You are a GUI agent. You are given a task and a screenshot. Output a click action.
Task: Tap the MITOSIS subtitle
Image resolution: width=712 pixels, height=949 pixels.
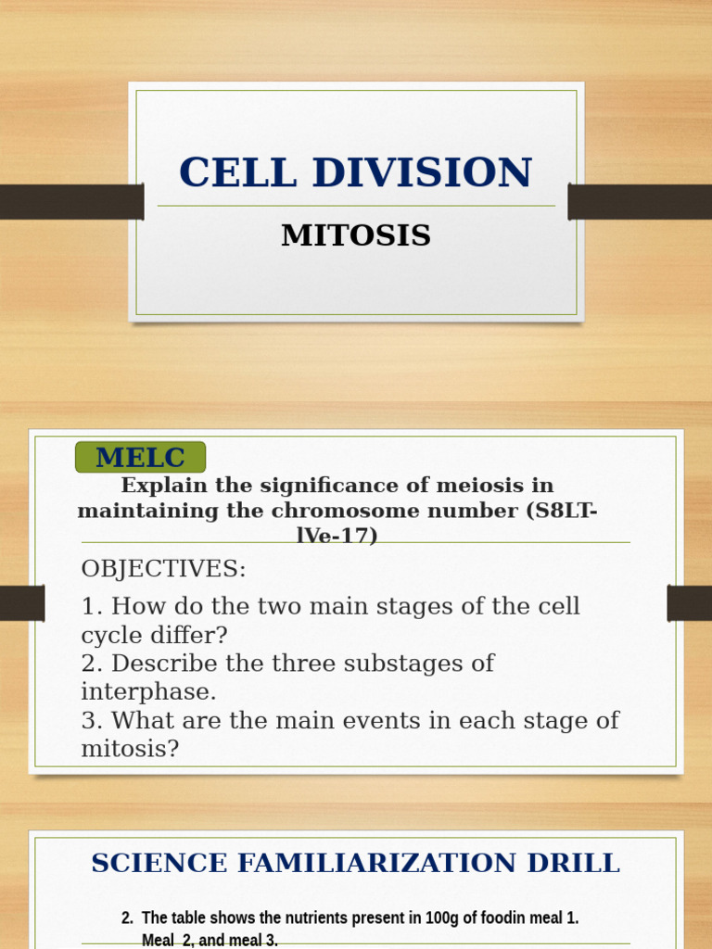tap(356, 235)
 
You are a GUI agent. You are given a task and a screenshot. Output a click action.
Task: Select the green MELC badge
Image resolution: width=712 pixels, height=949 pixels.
tap(140, 457)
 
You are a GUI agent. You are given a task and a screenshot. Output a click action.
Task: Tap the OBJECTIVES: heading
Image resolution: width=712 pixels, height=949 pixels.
tap(164, 569)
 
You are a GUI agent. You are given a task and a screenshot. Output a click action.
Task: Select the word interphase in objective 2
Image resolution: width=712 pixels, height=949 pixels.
tap(148, 692)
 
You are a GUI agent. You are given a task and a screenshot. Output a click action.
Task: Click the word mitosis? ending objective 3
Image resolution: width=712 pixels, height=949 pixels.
tap(130, 749)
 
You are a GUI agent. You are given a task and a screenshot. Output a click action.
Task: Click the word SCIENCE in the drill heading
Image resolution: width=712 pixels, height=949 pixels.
tap(159, 863)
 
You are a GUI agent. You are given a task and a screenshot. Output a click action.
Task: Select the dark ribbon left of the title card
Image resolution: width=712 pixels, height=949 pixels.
tap(71, 202)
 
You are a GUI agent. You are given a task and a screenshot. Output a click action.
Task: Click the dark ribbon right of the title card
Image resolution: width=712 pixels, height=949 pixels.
tap(640, 202)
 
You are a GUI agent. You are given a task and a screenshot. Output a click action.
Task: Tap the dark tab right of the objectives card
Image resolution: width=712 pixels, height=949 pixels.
tap(689, 603)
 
